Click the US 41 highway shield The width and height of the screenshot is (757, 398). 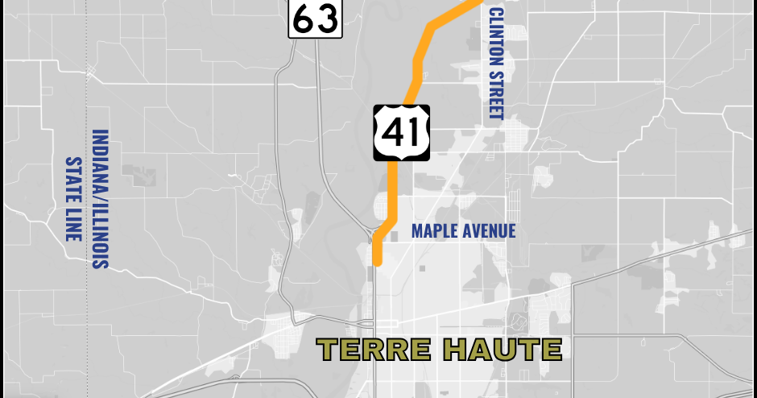[x=401, y=131]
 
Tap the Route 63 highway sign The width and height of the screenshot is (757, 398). [x=315, y=19]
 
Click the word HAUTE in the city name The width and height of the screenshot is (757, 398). [x=503, y=350]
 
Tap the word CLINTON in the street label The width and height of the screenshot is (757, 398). [x=495, y=34]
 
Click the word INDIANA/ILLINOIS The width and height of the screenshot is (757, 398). [x=101, y=199]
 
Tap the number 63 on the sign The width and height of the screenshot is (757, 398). [x=315, y=19]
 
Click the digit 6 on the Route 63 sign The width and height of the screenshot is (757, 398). [x=304, y=19]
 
